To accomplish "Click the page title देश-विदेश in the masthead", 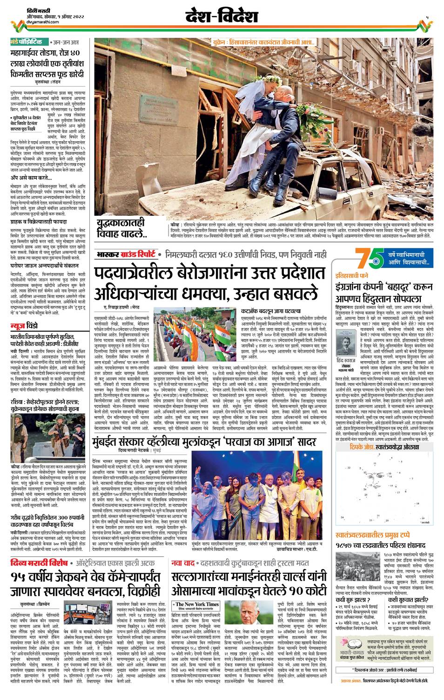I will [x=222, y=17].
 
